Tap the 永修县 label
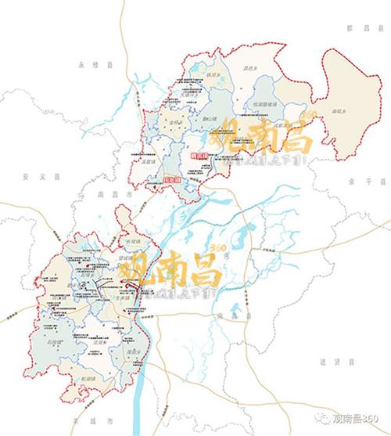(x=81, y=67)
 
